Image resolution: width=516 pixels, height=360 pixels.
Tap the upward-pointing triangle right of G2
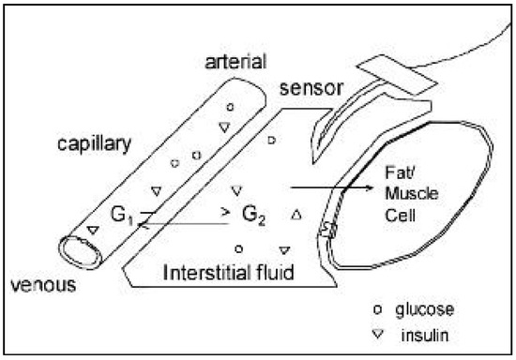coord(297,216)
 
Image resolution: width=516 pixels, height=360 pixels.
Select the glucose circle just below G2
coord(240,248)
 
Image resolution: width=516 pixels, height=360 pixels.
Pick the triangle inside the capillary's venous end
coord(92,229)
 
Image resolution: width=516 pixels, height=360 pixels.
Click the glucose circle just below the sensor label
coord(272,141)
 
